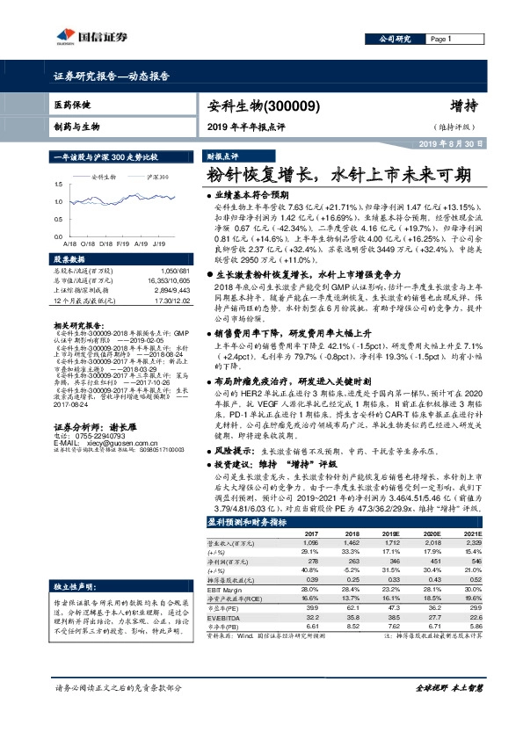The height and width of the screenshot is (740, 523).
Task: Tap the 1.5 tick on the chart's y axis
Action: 58,184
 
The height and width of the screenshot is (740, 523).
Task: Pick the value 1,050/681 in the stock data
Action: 175,272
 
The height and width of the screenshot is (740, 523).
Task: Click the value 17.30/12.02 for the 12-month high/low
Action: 171,302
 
